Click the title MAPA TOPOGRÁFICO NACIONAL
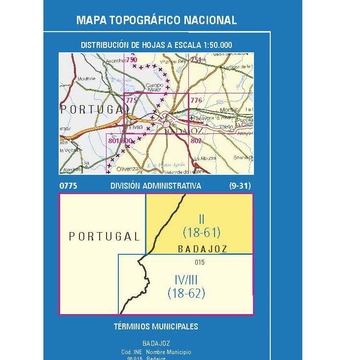pyautogui.click(x=156, y=20)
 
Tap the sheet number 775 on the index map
pyautogui.click(x=131, y=100)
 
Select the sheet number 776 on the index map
pyautogui.click(x=196, y=100)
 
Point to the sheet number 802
pyautogui.click(x=196, y=141)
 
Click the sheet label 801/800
pyautogui.click(x=120, y=141)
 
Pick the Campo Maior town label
pyautogui.click(x=154, y=87)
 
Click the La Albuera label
pyautogui.click(x=202, y=159)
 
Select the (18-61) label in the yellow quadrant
pyautogui.click(x=201, y=232)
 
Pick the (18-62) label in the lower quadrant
pyautogui.click(x=186, y=293)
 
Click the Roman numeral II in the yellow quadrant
pyautogui.click(x=201, y=219)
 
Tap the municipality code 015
pyautogui.click(x=199, y=262)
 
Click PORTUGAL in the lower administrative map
pyautogui.click(x=104, y=236)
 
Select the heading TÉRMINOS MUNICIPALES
pyautogui.click(x=156, y=326)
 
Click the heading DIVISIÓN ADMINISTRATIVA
pyautogui.click(x=156, y=186)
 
